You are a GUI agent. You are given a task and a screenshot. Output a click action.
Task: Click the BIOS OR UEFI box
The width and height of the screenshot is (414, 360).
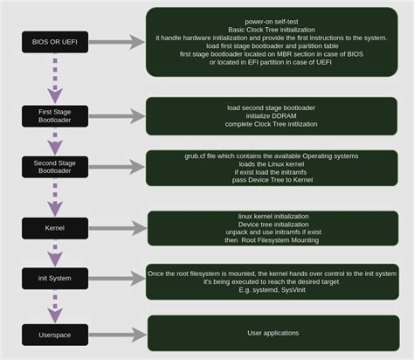pos(54,41)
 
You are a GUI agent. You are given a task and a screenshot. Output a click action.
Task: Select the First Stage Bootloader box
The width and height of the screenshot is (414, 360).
pos(54,115)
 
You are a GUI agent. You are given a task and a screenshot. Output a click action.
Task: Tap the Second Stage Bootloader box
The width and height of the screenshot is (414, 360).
pos(54,166)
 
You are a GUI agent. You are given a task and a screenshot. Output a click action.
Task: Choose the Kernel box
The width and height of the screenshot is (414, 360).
pos(54,227)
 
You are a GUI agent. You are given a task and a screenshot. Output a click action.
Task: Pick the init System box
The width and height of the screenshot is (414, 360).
pos(54,279)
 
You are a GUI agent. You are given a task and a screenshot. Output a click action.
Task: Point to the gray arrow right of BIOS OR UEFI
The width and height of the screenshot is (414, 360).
pos(114,41)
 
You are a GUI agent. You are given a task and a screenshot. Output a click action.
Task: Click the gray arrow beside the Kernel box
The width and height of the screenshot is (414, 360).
pos(114,227)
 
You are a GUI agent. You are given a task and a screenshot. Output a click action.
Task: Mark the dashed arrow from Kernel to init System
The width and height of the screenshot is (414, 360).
pos(54,253)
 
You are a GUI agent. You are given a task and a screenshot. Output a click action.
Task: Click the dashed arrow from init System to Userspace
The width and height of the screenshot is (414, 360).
pos(54,305)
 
